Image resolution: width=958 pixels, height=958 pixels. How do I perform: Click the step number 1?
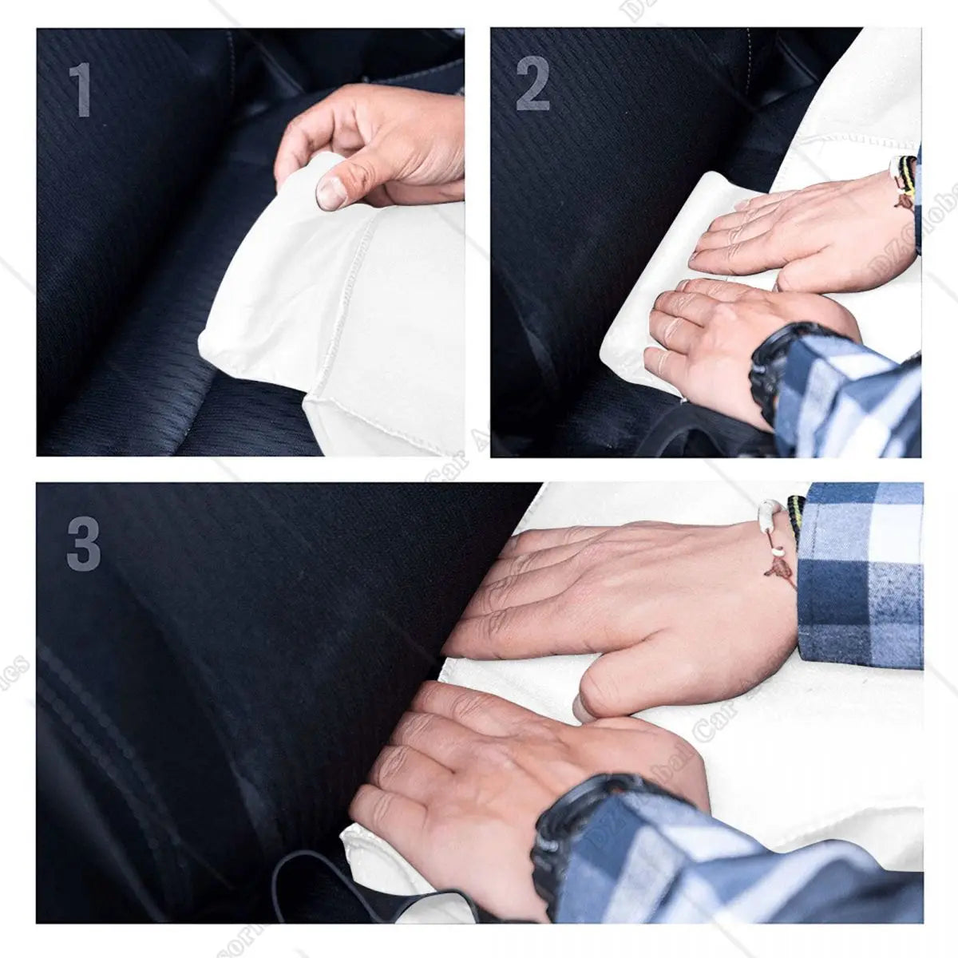pyautogui.click(x=79, y=89)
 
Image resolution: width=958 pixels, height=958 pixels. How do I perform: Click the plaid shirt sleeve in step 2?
pyautogui.click(x=846, y=391)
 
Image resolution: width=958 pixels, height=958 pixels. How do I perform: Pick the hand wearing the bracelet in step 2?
pyautogui.click(x=790, y=232)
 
